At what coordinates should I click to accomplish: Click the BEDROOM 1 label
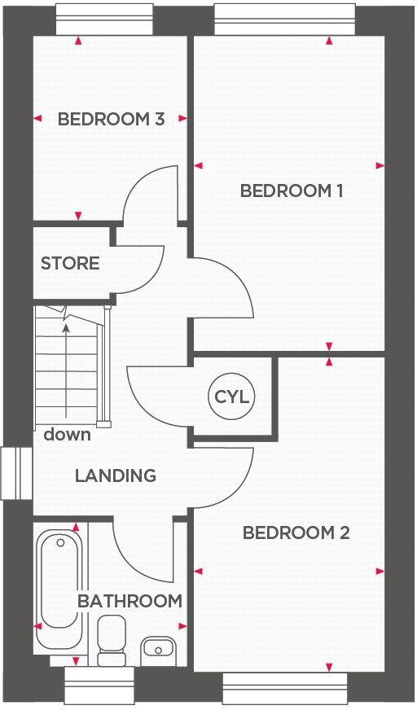click(x=291, y=191)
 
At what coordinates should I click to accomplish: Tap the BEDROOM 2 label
click(x=296, y=533)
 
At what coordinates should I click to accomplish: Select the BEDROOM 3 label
click(x=111, y=120)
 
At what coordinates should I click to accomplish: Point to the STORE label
click(x=70, y=264)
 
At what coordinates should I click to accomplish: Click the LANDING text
click(x=116, y=476)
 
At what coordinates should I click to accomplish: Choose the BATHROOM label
click(x=129, y=602)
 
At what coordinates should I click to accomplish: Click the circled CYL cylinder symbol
click(x=231, y=398)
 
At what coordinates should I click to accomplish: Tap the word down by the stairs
click(x=67, y=435)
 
